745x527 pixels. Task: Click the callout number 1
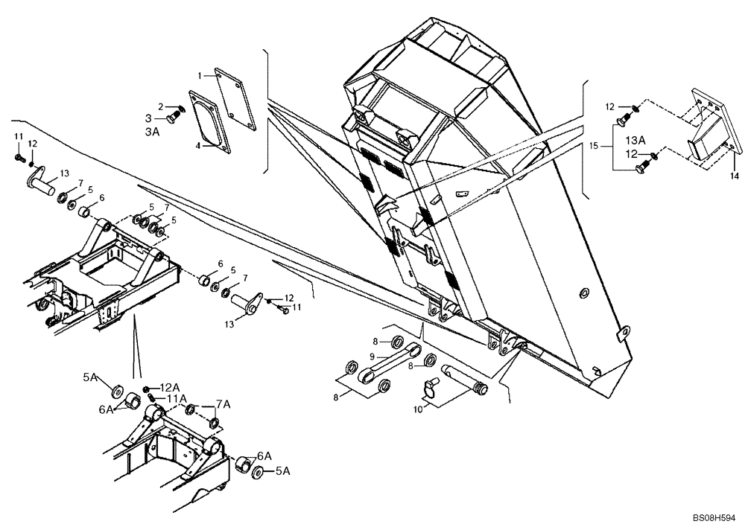click(200, 76)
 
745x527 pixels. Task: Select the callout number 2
click(160, 106)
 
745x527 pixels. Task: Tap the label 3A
click(152, 131)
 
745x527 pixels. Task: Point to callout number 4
click(199, 146)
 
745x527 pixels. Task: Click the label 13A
click(635, 140)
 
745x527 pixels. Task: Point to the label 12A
click(171, 387)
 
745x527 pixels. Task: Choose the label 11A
click(176, 399)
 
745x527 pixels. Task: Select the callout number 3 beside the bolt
click(148, 118)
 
